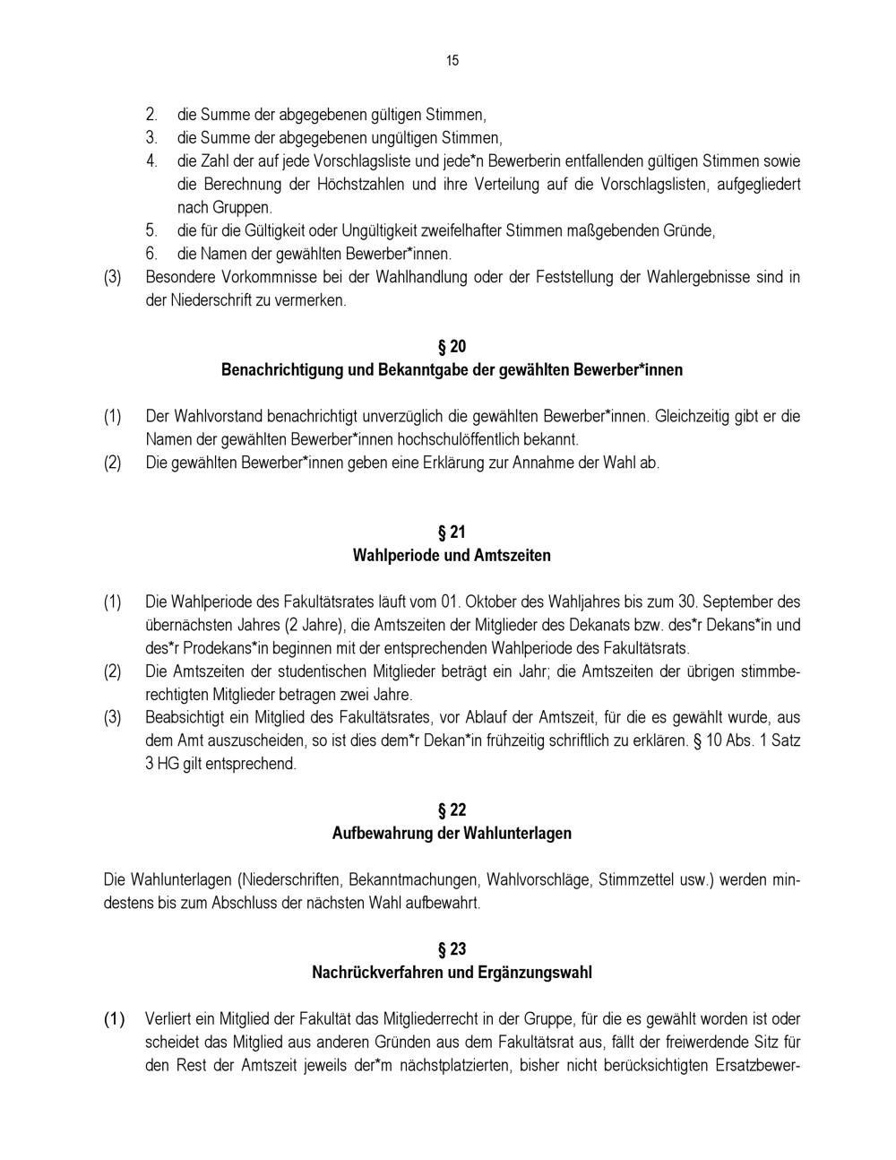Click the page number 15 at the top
[x=452, y=61]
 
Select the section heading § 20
[x=452, y=347]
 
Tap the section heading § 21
[x=452, y=532]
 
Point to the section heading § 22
[x=452, y=810]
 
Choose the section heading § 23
[x=452, y=949]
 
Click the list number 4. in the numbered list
[x=151, y=161]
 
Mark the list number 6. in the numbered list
[x=151, y=254]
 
